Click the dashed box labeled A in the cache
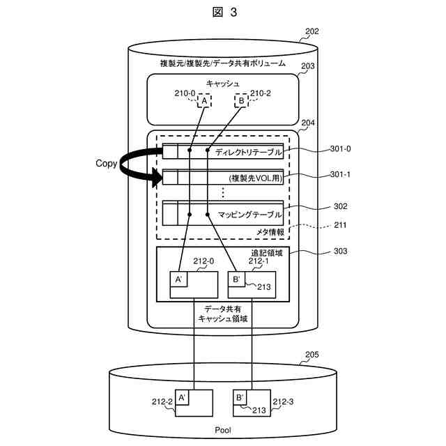tap(204, 101)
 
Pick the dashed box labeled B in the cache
tap(240, 101)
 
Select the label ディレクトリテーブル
tap(248, 151)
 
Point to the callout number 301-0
tap(339, 148)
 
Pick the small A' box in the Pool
tap(182, 398)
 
